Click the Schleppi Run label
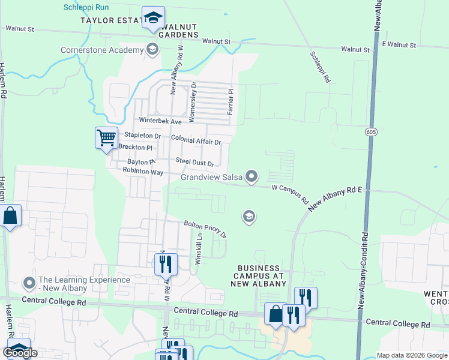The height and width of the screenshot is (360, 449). coord(86,7)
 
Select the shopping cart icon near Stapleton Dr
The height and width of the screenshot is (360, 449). coord(106,137)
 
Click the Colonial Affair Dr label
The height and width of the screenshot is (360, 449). coord(196,140)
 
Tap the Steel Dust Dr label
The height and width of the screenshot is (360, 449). coord(194,162)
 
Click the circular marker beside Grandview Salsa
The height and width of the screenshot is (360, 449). coord(252,176)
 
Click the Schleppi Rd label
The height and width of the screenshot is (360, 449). coord(320,66)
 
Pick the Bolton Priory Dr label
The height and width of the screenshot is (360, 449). coord(205,228)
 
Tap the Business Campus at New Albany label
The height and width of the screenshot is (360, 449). coord(258,275)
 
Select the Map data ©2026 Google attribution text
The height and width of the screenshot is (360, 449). coord(411,355)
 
